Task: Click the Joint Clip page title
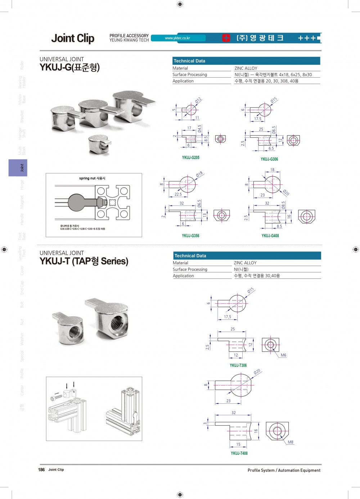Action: tap(73, 38)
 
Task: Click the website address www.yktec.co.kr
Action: tap(177, 38)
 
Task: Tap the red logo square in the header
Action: tap(226, 38)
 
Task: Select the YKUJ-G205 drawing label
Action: tap(190, 158)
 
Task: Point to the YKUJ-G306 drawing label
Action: tap(269, 159)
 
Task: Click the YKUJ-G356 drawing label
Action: tap(190, 236)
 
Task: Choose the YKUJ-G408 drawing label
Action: tap(270, 236)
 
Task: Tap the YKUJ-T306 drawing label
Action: tap(238, 365)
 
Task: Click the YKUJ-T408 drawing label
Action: tap(239, 453)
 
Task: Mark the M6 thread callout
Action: tap(283, 355)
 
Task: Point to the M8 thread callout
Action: tap(290, 442)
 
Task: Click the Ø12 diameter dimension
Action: tap(198, 101)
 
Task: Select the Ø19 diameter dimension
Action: tap(199, 174)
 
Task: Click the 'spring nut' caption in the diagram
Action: tap(92, 178)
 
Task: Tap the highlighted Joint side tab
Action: tap(18, 168)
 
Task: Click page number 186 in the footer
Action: tap(41, 469)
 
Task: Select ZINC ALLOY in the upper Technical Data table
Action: tap(246, 68)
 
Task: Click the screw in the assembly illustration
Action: tap(57, 397)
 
